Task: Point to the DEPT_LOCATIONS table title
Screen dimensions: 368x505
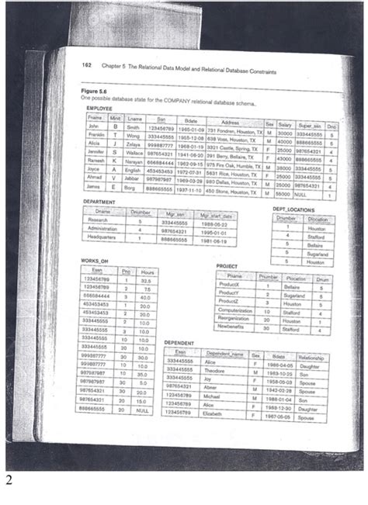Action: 293,209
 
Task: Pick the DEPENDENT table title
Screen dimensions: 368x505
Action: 181,342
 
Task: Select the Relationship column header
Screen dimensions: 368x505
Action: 311,358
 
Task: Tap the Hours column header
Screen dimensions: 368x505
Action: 144,271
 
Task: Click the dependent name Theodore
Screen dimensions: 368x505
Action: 214,371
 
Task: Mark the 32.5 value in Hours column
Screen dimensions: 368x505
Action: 144,280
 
